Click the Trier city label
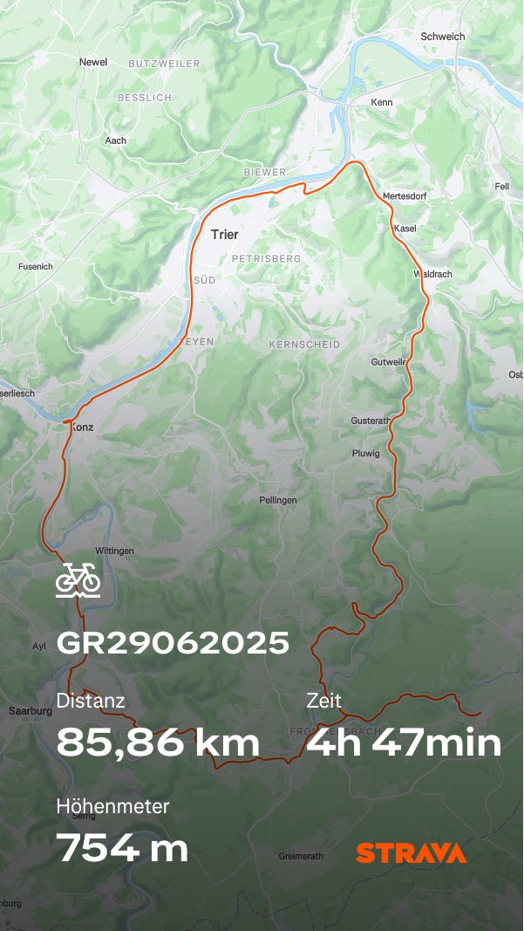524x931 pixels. pos(224,234)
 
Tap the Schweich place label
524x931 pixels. pos(442,37)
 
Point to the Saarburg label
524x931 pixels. pos(31,711)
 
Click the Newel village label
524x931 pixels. pos(92,62)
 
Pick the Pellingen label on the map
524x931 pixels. pos(277,500)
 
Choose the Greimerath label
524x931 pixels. pos(302,856)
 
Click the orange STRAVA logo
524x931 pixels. pos(411,852)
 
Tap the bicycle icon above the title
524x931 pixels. pos(78,579)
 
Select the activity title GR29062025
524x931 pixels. pos(173,643)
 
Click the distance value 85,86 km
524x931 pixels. pos(158,743)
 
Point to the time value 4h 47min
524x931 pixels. pos(404,743)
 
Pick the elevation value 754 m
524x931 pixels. pos(122,847)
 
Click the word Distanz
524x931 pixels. pos(91,700)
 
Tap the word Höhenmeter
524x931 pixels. pos(112,806)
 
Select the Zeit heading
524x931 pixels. pos(323,700)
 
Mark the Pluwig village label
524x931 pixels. pos(366,454)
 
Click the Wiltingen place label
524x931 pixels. pos(114,551)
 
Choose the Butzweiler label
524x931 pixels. pos(164,64)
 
